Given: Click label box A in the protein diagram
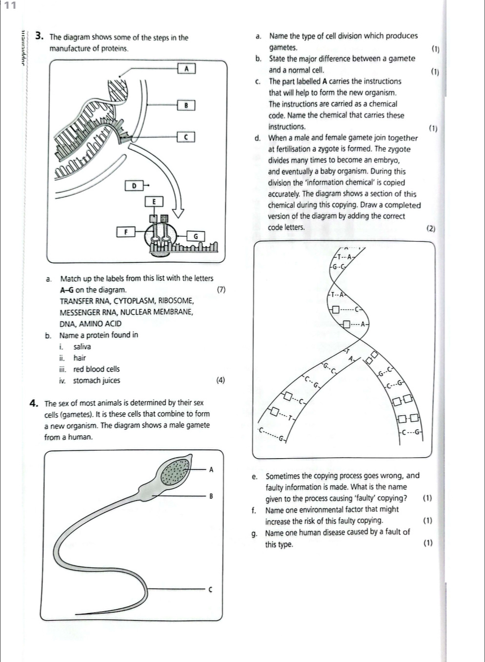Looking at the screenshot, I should [186, 69].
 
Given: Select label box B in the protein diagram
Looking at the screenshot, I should [186, 105].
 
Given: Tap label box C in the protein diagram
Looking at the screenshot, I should [186, 138].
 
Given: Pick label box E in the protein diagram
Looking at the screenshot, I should [154, 201].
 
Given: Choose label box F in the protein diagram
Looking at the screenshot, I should [125, 232].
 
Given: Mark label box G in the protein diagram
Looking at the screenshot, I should [196, 236].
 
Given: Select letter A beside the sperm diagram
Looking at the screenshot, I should [211, 470].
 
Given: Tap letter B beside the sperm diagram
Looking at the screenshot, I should [211, 497].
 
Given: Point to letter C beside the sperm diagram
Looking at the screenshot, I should [211, 589].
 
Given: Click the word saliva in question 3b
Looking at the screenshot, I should [82, 347].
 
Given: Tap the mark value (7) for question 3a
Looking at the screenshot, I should [221, 290].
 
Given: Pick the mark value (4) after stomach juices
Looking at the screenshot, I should [221, 381].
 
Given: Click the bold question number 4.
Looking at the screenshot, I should [34, 403].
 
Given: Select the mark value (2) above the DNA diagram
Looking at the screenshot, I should [430, 228].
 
